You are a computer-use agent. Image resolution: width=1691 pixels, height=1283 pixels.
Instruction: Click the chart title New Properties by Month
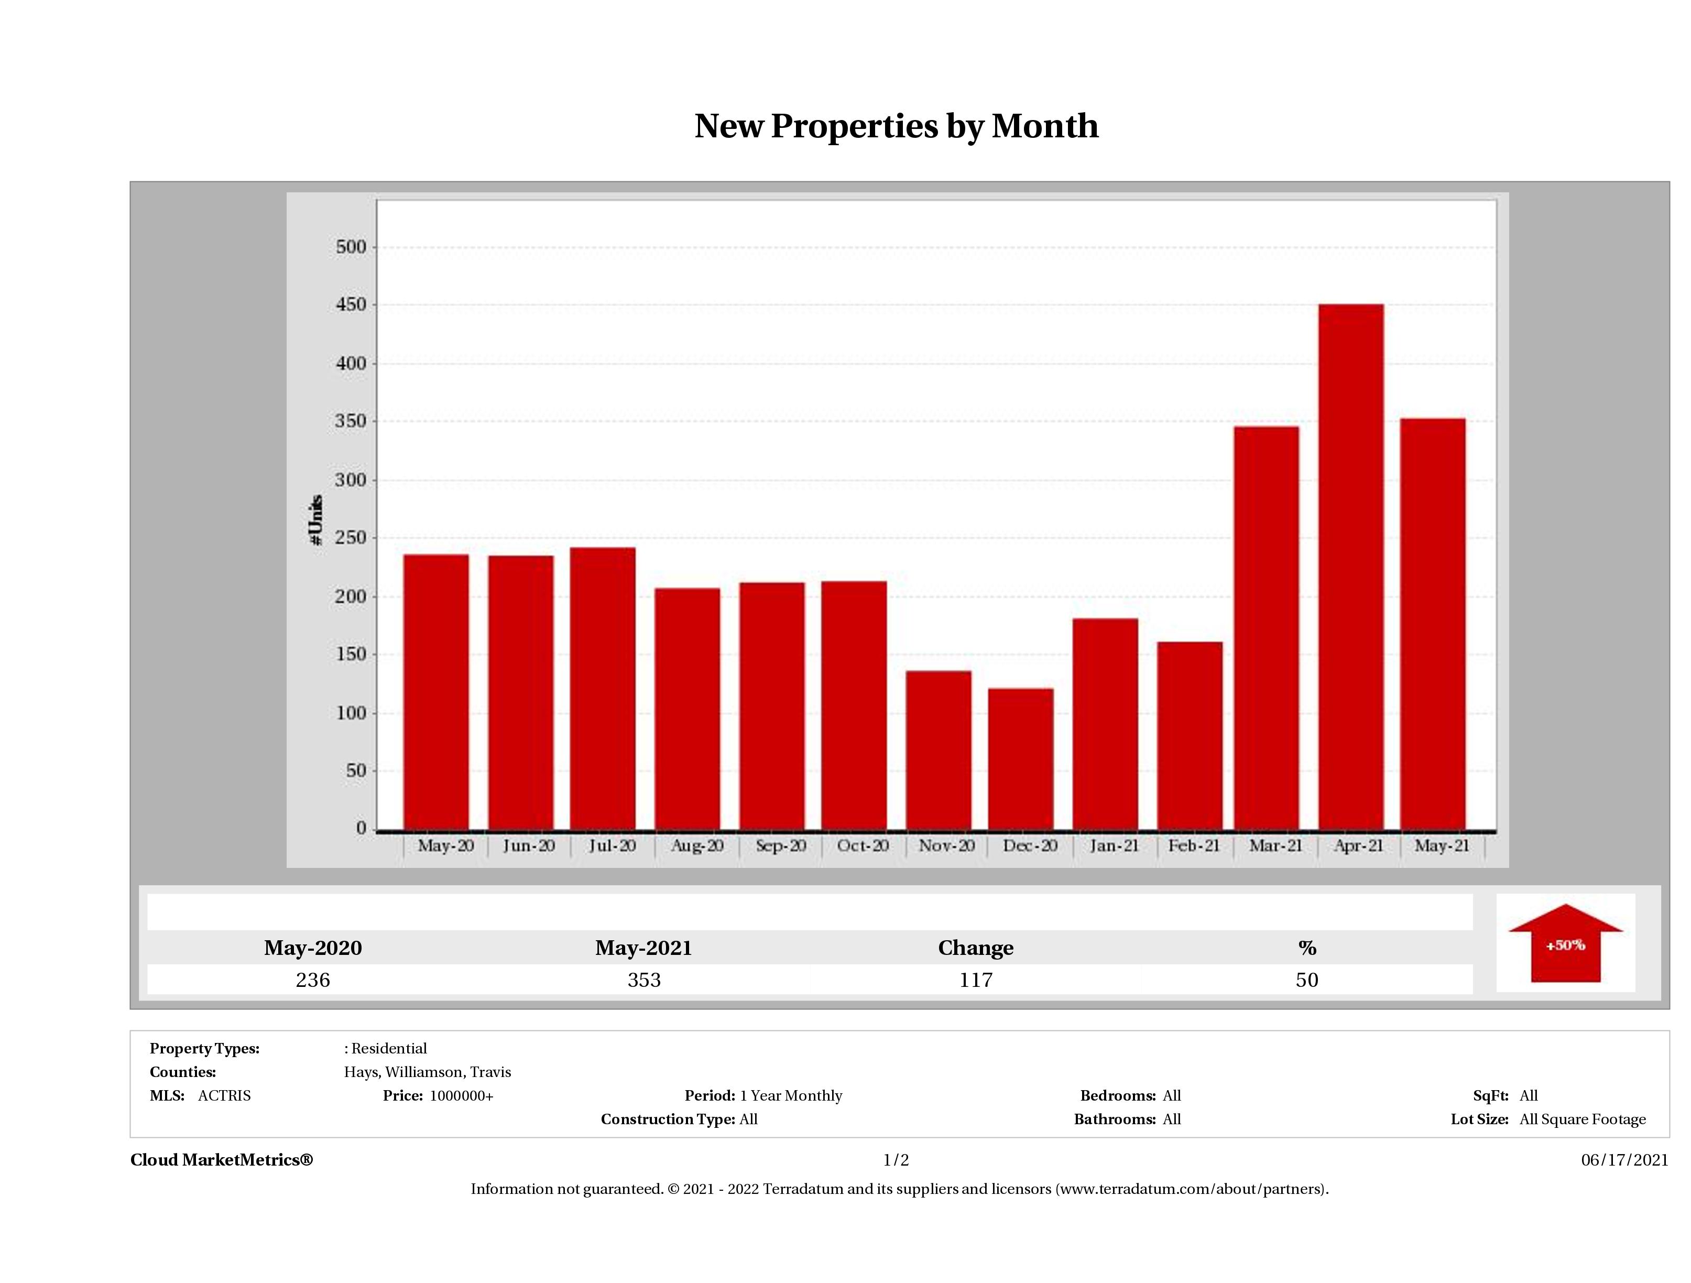[896, 126]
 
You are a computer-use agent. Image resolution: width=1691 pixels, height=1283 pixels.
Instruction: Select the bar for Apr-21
[1351, 567]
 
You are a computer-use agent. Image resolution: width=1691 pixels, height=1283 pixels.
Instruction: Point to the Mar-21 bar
[1266, 628]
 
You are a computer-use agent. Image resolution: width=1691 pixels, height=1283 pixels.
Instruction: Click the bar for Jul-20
[603, 688]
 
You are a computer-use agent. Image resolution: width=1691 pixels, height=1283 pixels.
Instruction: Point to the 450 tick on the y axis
[351, 305]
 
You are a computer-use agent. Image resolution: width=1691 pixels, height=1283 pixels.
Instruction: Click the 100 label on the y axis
[351, 713]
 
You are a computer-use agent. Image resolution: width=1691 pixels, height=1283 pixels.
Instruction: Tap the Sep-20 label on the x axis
[780, 846]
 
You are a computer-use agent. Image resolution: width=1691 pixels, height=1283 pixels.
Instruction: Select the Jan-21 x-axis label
[1114, 846]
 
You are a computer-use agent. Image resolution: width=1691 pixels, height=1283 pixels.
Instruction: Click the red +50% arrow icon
[1565, 944]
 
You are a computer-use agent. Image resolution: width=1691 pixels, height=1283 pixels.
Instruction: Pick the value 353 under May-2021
[643, 980]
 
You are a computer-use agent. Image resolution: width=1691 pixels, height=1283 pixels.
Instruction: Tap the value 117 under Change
[976, 980]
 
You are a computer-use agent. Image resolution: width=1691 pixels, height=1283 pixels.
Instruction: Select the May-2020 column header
[313, 948]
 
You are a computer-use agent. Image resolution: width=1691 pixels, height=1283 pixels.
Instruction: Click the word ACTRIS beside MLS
[224, 1096]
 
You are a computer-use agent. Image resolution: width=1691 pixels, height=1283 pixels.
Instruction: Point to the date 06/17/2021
[1624, 1160]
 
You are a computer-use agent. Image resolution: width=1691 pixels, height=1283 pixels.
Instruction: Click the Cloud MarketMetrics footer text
[222, 1160]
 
